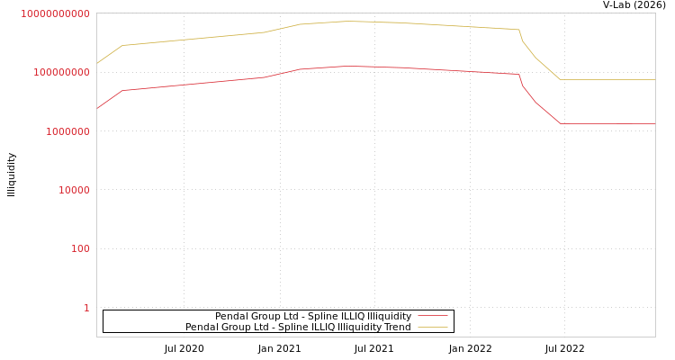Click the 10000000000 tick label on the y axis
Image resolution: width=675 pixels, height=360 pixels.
[55, 13]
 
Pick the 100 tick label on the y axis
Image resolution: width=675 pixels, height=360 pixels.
[80, 248]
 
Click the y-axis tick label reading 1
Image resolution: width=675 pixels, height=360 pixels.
[86, 308]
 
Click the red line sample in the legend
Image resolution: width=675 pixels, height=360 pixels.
[433, 316]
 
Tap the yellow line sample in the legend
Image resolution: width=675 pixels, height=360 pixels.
[433, 327]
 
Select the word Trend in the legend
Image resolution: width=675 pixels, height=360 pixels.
[397, 327]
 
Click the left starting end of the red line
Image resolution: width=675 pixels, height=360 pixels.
[97, 109]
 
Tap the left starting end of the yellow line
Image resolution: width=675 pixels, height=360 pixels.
[97, 63]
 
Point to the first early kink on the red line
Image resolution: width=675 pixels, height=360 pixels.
[122, 90]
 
